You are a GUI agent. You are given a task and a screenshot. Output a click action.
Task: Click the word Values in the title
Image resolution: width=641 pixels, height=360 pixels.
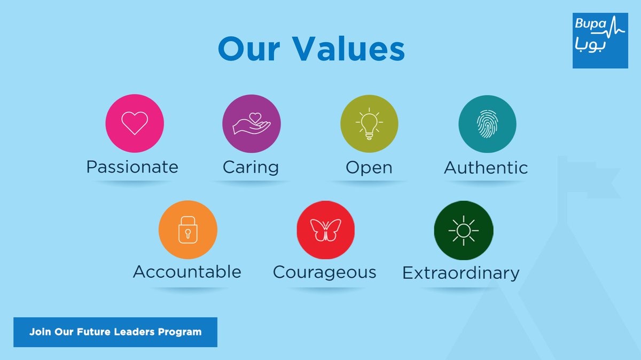pyautogui.click(x=348, y=49)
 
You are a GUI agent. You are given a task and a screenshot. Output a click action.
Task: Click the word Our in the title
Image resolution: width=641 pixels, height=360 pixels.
pyautogui.click(x=249, y=49)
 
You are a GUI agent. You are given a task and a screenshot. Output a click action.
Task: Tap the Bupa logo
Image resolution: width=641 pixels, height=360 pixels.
pyautogui.click(x=600, y=41)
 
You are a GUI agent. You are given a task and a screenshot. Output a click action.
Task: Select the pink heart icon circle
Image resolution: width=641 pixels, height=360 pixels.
pyautogui.click(x=135, y=123)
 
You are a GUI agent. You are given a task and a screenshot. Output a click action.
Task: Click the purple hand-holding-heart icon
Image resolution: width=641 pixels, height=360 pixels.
pyautogui.click(x=252, y=123)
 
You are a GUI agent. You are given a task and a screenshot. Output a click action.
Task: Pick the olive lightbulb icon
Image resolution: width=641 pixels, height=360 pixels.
pyautogui.click(x=369, y=123)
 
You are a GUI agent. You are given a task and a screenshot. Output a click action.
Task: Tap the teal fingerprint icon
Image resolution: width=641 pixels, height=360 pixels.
pyautogui.click(x=487, y=124)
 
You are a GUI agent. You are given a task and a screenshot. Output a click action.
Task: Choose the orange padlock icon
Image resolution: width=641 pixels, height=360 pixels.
pyautogui.click(x=187, y=230)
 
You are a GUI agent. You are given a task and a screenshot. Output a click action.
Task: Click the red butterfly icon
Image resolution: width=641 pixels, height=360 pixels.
pyautogui.click(x=326, y=230)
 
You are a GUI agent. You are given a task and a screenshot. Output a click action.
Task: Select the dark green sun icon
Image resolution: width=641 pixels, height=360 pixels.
pyautogui.click(x=464, y=230)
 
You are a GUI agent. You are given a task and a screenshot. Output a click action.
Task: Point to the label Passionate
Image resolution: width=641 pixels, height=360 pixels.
pyautogui.click(x=132, y=167)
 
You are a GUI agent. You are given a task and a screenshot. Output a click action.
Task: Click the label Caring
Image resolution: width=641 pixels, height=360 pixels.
pyautogui.click(x=251, y=168)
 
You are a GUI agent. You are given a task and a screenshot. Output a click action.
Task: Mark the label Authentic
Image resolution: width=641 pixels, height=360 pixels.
pyautogui.click(x=486, y=167)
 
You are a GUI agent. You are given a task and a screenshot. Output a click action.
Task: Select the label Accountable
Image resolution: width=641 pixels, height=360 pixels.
pyautogui.click(x=187, y=271)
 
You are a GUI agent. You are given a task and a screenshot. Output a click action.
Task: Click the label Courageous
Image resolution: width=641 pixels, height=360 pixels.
pyautogui.click(x=325, y=273)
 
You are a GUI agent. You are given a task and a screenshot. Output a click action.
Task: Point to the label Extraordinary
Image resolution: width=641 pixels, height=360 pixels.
pyautogui.click(x=460, y=273)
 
